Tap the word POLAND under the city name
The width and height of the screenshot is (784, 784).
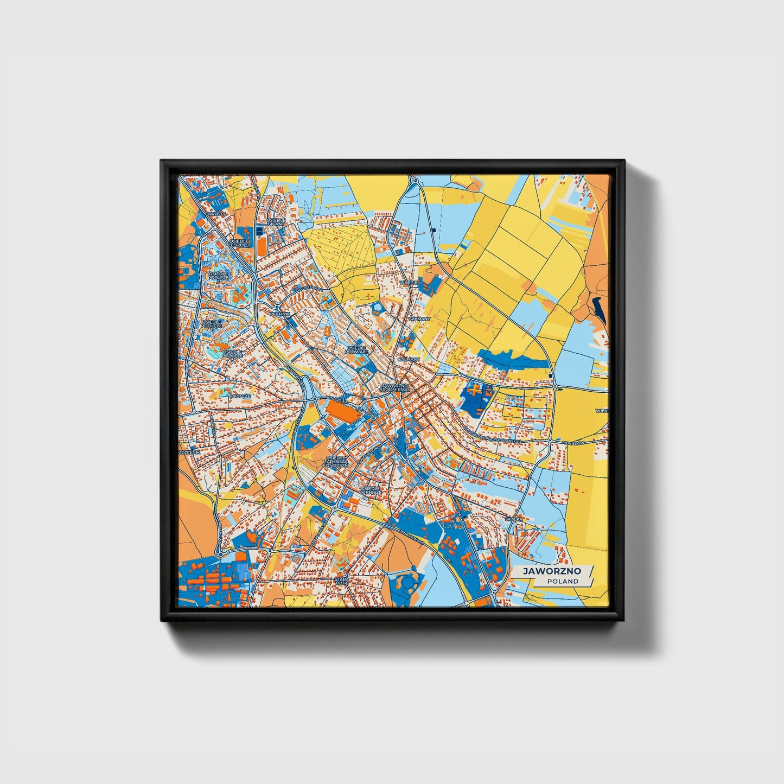pos(563,581)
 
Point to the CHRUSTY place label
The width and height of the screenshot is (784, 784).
pos(215,214)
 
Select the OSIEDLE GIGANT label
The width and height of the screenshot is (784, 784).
pos(276,222)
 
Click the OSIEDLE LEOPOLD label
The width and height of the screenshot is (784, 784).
pos(239,243)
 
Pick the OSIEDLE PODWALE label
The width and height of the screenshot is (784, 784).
pos(357,349)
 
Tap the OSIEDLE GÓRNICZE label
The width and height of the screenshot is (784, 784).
pos(371,490)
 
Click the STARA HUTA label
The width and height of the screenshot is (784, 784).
pos(343,581)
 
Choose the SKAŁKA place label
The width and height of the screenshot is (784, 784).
pos(513,519)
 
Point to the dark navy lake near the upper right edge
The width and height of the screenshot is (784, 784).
pos(598,309)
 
